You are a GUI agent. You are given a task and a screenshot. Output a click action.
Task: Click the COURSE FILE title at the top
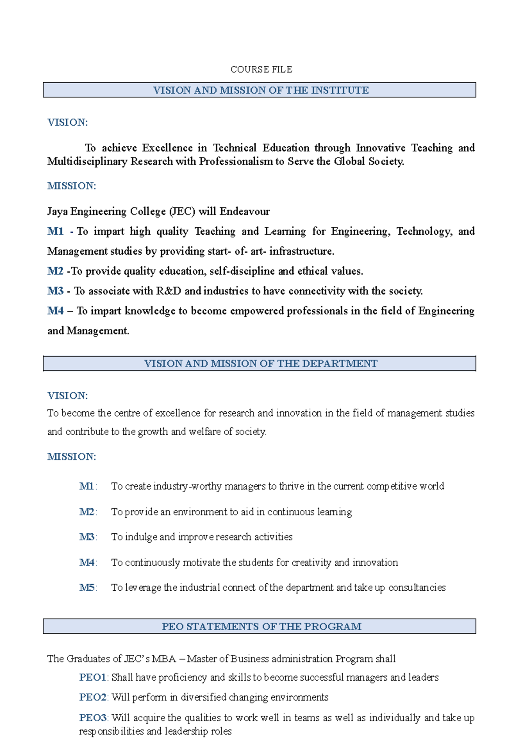(x=261, y=69)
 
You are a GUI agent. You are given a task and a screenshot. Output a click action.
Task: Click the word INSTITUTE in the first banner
(x=340, y=90)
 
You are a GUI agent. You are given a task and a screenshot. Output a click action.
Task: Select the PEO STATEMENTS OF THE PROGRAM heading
(x=261, y=627)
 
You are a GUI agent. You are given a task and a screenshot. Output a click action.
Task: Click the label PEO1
(x=93, y=677)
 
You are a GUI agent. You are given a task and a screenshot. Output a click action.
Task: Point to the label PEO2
(x=93, y=697)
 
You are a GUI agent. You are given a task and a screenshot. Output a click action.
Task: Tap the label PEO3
(x=93, y=718)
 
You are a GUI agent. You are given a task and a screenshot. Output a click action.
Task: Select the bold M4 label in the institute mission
(x=56, y=311)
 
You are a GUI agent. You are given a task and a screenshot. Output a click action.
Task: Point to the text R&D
(x=169, y=291)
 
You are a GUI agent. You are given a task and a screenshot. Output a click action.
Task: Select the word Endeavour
(x=245, y=211)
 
